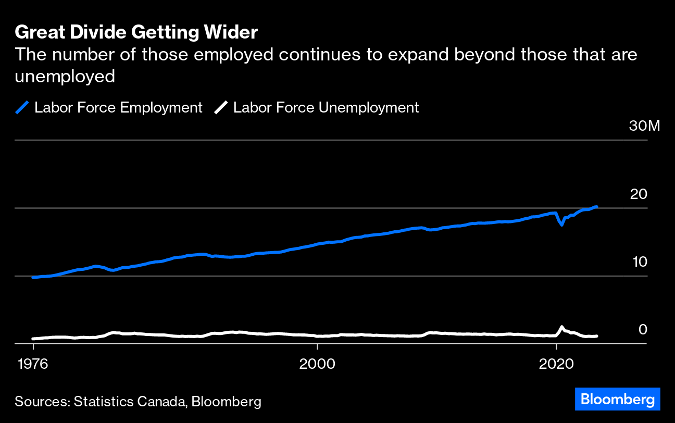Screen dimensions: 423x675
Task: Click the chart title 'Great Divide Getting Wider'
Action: click(x=136, y=33)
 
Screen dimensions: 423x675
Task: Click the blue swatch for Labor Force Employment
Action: click(x=22, y=108)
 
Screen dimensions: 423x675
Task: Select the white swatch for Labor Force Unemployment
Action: click(x=221, y=108)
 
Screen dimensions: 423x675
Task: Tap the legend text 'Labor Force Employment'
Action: click(x=118, y=108)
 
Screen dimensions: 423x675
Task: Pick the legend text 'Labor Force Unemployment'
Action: click(x=326, y=108)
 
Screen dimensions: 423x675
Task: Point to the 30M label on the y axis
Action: click(x=644, y=126)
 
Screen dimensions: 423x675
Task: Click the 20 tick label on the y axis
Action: click(x=639, y=194)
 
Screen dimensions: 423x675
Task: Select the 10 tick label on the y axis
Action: click(x=639, y=262)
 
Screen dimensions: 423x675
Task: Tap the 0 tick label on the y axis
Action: click(x=643, y=330)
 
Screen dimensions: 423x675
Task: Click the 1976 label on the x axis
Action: click(x=33, y=364)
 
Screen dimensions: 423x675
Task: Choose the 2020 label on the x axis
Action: click(x=556, y=364)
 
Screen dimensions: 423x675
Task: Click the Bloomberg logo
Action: click(x=618, y=400)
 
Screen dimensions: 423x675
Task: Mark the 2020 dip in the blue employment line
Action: click(x=561, y=225)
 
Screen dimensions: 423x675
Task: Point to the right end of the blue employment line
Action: click(x=596, y=207)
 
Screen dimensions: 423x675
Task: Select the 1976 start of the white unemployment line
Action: click(x=33, y=339)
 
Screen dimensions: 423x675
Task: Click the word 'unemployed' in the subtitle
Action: click(x=65, y=77)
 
